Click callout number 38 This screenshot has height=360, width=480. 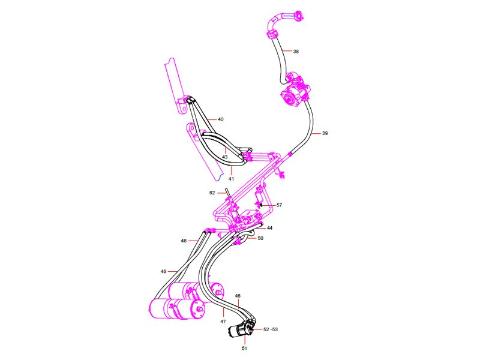pos(296,52)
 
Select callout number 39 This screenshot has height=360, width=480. pos(325,133)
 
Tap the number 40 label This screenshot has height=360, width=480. pos(220,119)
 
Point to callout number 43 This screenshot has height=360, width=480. pos(224,157)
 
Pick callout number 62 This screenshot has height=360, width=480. pos(212,193)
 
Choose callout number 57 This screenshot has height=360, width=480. pos(279,205)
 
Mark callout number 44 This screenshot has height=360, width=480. pos(270,228)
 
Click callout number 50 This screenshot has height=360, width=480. pos(260,238)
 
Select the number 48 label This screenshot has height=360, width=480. pos(184,241)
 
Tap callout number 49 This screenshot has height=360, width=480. pos(163,272)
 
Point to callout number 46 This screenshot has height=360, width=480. pos(238,296)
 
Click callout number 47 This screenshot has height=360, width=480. pos(223,322)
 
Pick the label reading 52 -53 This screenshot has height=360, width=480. pos(271,329)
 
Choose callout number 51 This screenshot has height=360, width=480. pos(244,348)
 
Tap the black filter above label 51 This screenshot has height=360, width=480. pos(245,329)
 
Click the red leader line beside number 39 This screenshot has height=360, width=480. pos(317,133)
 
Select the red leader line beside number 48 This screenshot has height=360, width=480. pos(194,241)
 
